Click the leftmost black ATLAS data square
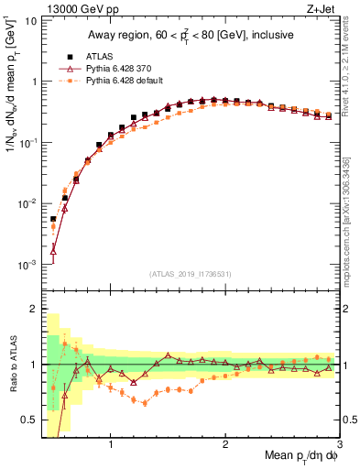click(53, 219)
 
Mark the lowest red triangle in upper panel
click(53, 248)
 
